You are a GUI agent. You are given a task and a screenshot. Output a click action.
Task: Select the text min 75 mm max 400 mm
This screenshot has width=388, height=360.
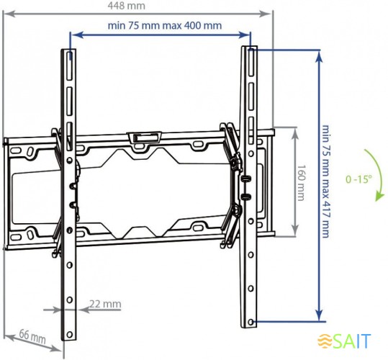164,25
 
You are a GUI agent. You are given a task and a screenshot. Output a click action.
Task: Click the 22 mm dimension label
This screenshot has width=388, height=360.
106,303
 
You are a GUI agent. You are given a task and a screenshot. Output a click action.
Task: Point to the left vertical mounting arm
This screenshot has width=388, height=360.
68,194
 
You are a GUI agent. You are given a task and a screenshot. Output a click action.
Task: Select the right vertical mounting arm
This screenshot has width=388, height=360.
249,187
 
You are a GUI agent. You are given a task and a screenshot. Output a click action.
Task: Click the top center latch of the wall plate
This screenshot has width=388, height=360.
143,136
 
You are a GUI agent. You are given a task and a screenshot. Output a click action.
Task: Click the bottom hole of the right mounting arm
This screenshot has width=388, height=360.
252,321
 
